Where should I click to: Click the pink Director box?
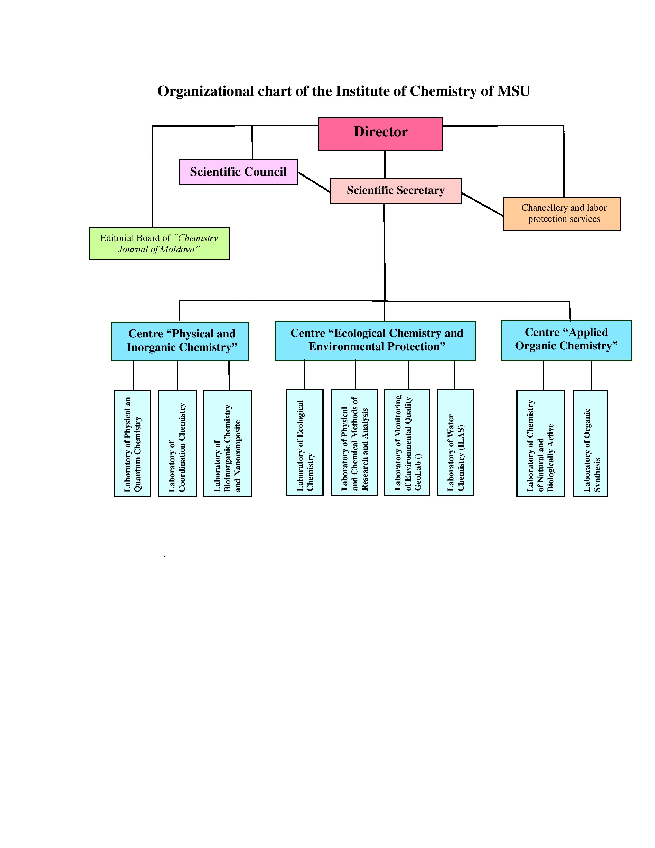[x=380, y=134]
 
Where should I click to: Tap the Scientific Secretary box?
[x=395, y=191]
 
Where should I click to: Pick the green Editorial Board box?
[x=159, y=243]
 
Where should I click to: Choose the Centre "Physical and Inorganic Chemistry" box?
[x=180, y=341]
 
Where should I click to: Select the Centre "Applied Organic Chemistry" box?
[x=566, y=340]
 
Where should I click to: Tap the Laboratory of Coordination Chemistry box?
[x=177, y=443]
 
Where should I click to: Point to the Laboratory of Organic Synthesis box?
[x=590, y=443]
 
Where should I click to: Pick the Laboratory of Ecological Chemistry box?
[x=305, y=442]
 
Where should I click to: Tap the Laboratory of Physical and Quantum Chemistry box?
[x=132, y=443]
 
